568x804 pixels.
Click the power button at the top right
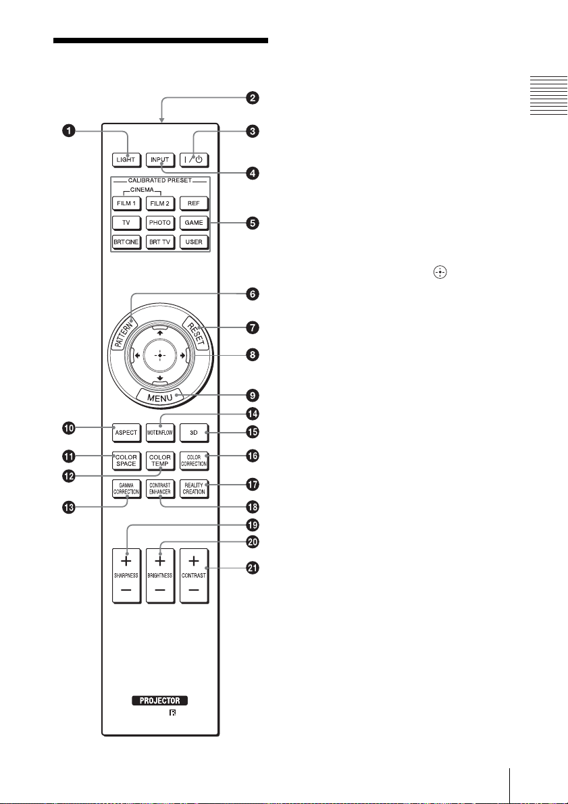[x=193, y=160]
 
